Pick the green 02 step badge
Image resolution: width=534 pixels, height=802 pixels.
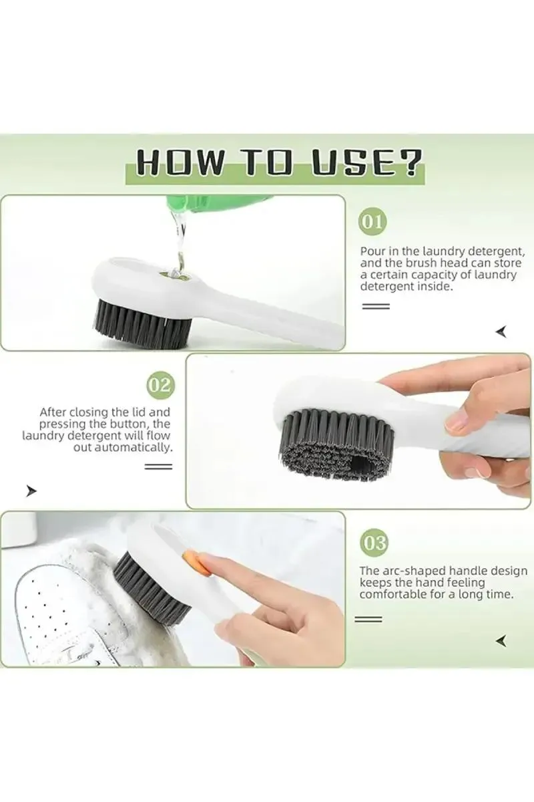tap(160, 386)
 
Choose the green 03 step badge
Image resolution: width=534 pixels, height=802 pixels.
tap(372, 543)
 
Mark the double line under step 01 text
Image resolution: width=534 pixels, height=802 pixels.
tap(374, 306)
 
